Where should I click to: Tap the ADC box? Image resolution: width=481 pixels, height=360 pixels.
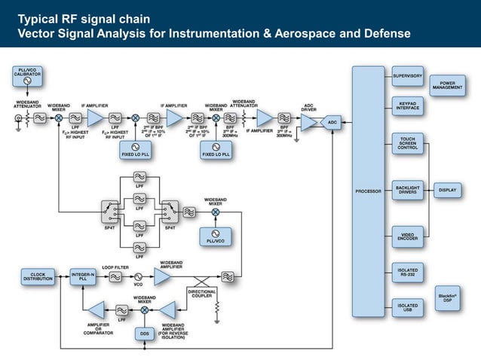(332, 121)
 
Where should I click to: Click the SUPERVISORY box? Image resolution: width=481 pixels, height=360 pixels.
(408, 76)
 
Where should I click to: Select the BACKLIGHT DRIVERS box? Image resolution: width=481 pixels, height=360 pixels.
(408, 190)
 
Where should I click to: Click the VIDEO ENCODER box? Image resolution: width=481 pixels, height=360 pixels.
(408, 236)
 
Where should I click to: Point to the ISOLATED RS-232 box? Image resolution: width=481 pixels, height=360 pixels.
(408, 271)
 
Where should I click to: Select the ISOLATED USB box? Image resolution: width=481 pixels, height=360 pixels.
(408, 307)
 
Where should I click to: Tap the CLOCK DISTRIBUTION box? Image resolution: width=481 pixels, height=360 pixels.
(38, 276)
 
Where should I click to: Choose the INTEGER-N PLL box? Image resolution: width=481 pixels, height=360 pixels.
(82, 276)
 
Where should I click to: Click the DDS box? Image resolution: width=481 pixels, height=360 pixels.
(144, 332)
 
